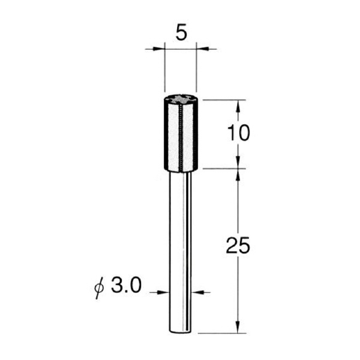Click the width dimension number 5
[181, 32]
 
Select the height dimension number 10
[238, 133]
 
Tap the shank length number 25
[238, 245]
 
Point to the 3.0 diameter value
[126, 285]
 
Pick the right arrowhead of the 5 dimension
[202, 49]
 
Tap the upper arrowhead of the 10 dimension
[238, 106]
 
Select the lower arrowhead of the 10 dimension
[238, 163]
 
